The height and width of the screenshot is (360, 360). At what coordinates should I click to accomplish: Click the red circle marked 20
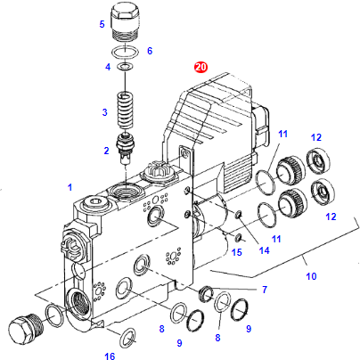(x=200, y=67)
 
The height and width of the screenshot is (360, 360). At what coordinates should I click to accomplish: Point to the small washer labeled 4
(x=125, y=66)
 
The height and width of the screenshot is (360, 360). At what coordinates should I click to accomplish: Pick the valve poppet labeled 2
(x=125, y=148)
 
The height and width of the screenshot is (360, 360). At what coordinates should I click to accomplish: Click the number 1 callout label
(x=70, y=187)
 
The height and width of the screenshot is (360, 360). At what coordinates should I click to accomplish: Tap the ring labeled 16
(x=128, y=338)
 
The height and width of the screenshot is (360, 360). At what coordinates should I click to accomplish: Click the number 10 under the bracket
(x=311, y=276)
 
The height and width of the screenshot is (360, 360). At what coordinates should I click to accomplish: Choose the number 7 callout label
(x=265, y=290)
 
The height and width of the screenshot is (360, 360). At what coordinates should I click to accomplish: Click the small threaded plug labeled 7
(x=206, y=294)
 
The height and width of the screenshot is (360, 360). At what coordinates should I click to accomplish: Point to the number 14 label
(x=264, y=250)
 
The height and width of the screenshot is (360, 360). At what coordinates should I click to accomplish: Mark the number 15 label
(x=237, y=252)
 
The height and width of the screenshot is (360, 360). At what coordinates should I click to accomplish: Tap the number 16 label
(x=110, y=356)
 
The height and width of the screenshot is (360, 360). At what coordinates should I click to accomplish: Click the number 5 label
(x=102, y=24)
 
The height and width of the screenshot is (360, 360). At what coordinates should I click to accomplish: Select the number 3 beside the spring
(x=104, y=112)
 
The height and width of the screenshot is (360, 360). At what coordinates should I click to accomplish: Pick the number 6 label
(x=150, y=51)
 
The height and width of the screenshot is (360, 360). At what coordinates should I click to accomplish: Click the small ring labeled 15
(x=238, y=238)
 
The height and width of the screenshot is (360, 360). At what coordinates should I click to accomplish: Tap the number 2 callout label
(x=106, y=151)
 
